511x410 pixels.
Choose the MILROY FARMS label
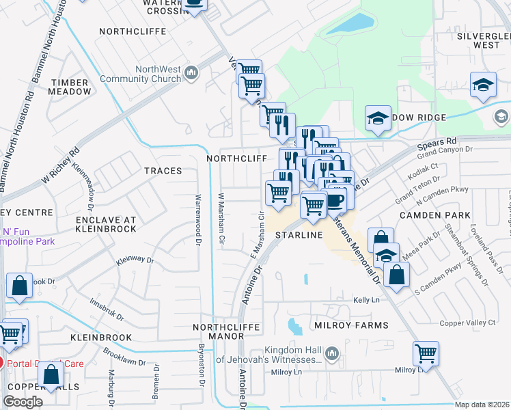tap(351, 325)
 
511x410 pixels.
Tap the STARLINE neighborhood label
tap(299, 235)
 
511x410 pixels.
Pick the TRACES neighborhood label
tap(163, 171)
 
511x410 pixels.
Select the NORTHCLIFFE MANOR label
tap(226, 331)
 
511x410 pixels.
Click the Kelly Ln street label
tap(366, 300)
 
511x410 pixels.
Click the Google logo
tap(23, 401)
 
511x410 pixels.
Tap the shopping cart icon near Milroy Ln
tap(426, 354)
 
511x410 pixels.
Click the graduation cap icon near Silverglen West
tap(483, 85)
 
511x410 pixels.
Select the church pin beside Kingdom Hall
tap(332, 353)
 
